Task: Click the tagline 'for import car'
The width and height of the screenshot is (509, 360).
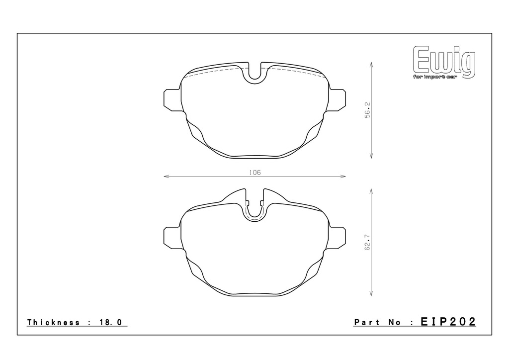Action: coord(434,77)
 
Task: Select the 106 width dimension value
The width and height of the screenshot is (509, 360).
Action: coord(255,173)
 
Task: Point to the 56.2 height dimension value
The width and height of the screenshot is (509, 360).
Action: coord(367,110)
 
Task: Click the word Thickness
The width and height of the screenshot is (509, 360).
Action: coord(54,322)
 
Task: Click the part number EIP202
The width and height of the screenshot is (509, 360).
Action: coord(448,322)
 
